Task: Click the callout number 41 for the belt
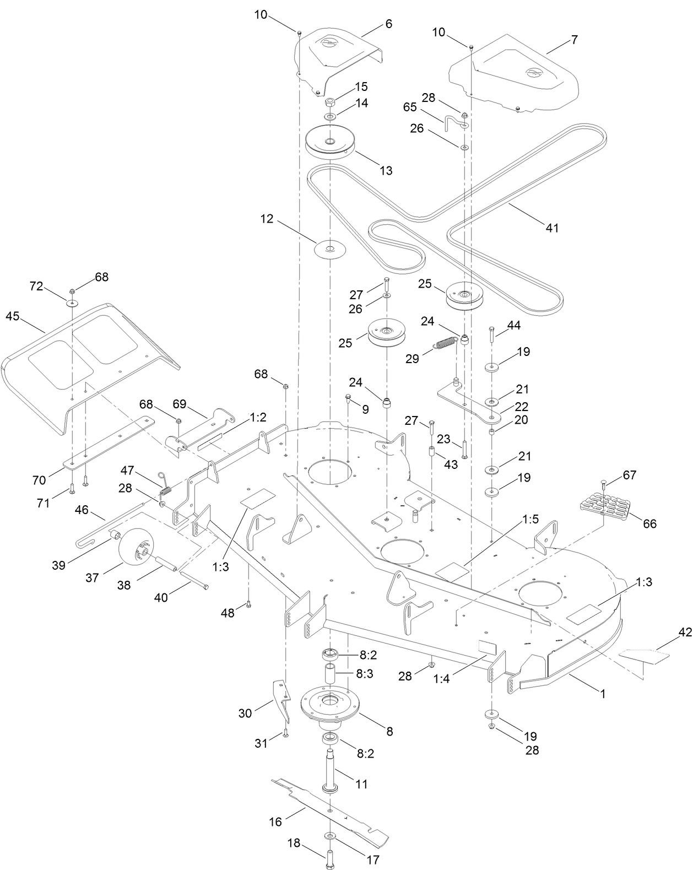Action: point(552,228)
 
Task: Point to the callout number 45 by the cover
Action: point(12,316)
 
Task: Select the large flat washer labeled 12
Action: point(329,248)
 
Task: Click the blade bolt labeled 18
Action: point(329,858)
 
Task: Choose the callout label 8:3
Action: point(365,673)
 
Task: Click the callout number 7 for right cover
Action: point(574,40)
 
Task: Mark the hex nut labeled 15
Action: point(331,102)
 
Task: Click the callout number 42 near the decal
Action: point(685,633)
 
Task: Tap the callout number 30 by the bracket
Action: point(245,713)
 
